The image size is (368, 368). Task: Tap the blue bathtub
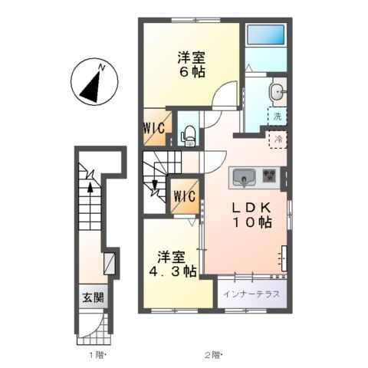tap(265, 34)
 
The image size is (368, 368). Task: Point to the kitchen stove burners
tap(271, 176)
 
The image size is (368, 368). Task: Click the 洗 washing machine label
tap(279, 117)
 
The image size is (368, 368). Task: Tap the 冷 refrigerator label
tap(279, 140)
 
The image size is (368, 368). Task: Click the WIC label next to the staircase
tap(184, 196)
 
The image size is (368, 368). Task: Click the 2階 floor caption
tap(213, 354)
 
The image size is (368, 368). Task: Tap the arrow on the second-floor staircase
tap(156, 186)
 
